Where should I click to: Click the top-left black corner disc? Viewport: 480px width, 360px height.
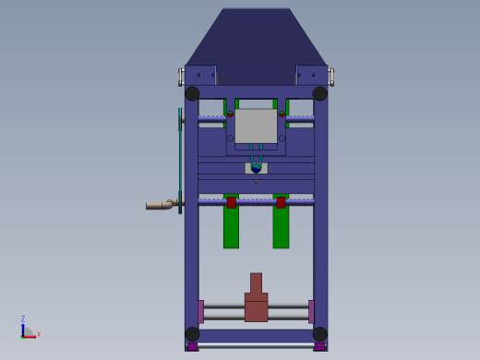[192, 93]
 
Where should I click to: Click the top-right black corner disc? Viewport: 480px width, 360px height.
[320, 93]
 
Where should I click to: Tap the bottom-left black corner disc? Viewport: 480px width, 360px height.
[192, 334]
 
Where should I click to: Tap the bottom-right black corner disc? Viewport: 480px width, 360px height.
[320, 334]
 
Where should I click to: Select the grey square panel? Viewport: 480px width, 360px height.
[256, 126]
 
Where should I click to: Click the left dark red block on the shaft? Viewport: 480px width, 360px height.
[232, 202]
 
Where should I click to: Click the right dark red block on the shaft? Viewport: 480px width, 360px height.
[281, 202]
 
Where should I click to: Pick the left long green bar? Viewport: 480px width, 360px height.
[231, 221]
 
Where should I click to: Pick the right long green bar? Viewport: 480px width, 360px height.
[281, 221]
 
